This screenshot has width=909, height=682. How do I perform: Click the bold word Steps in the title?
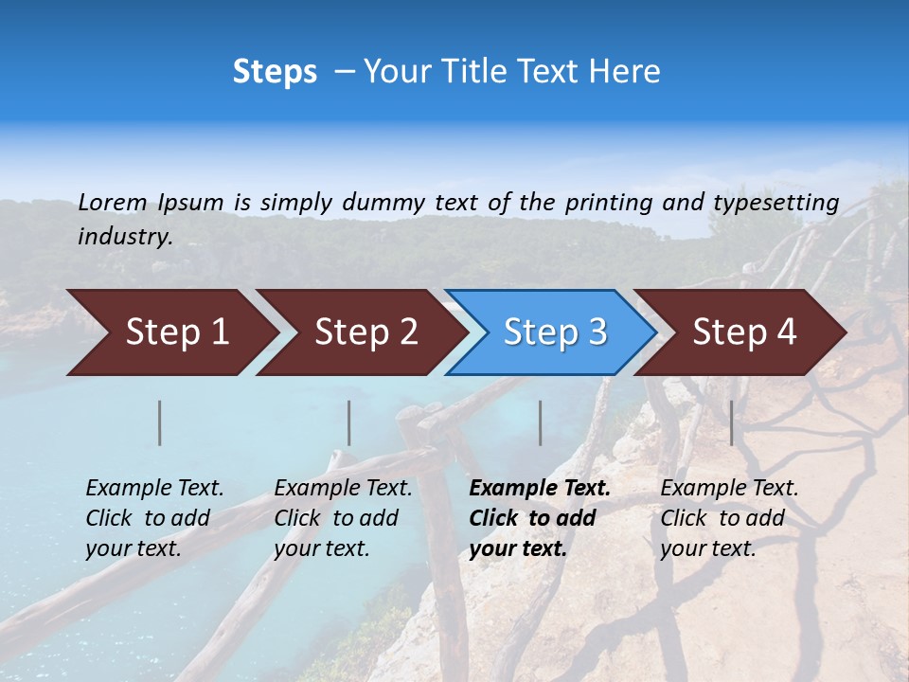click(x=275, y=72)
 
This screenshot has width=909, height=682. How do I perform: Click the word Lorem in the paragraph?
click(x=113, y=202)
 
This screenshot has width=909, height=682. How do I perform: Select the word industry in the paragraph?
click(x=125, y=236)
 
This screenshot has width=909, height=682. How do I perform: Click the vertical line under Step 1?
click(x=160, y=422)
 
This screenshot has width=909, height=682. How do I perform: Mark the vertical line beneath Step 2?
click(x=349, y=422)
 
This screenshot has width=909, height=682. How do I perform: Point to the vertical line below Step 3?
click(x=540, y=422)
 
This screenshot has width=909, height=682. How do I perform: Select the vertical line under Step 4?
click(x=731, y=422)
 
